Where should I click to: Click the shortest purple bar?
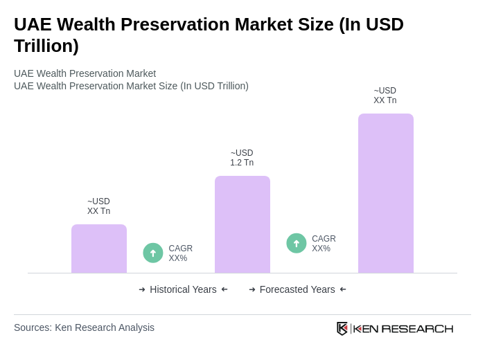[x=99, y=249]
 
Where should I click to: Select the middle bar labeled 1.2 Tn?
[x=242, y=224]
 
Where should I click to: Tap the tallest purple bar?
[x=385, y=193]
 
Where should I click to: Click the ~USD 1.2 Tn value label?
[x=242, y=158]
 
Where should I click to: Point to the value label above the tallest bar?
[x=385, y=96]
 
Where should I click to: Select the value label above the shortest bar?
[x=98, y=206]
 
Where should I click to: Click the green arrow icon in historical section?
[x=153, y=253]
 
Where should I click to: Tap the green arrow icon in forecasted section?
[x=297, y=243]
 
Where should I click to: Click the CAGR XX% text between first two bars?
[x=180, y=253]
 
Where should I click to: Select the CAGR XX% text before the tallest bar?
[x=324, y=244]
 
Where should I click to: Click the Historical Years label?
[x=183, y=289]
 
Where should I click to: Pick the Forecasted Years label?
[x=297, y=289]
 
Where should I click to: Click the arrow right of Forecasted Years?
[x=343, y=289]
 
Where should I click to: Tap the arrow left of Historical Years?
[x=142, y=289]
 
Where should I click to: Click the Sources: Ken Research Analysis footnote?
[x=84, y=327]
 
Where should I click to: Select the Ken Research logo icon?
[x=342, y=328]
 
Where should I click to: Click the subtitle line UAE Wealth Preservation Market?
[x=85, y=73]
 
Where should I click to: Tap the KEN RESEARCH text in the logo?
[x=403, y=328]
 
